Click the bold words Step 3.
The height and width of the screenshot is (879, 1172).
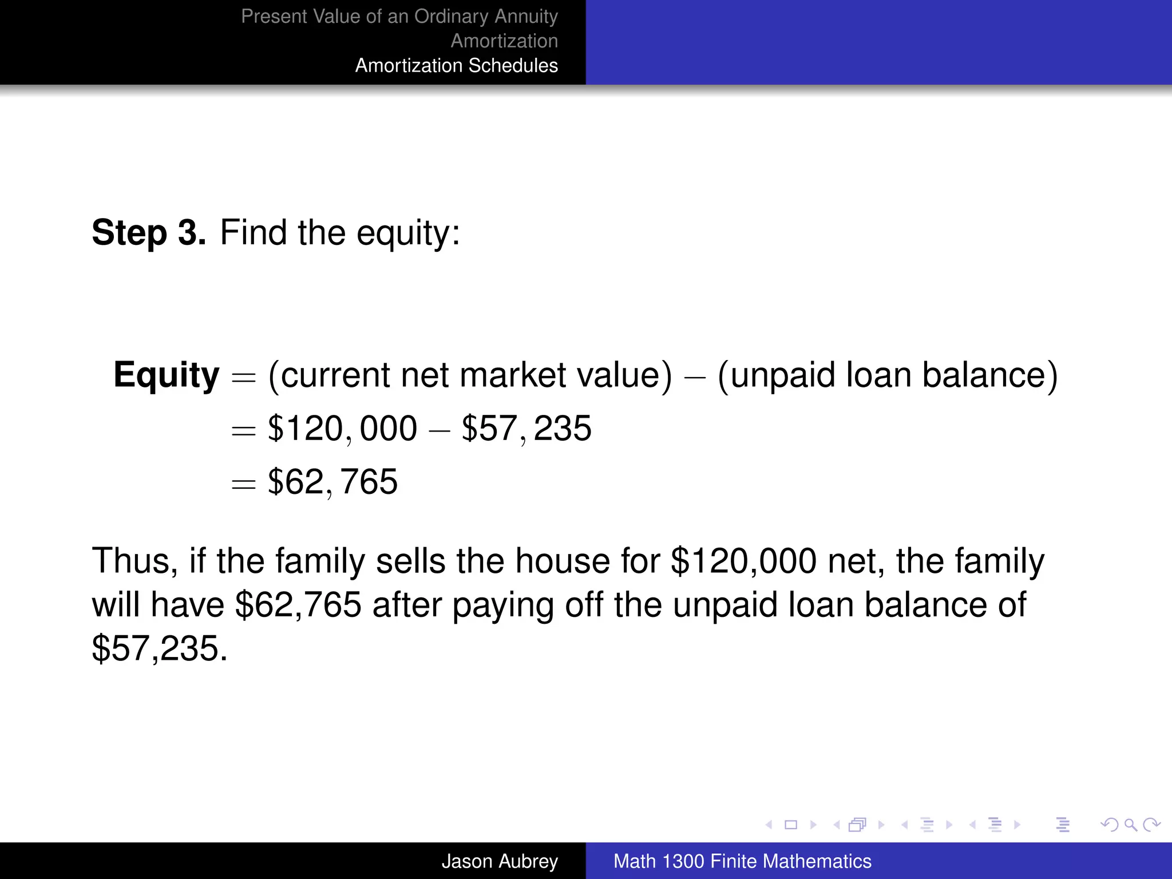tap(148, 233)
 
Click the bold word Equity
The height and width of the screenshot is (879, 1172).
tap(166, 375)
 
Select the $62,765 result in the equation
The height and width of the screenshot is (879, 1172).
tap(332, 482)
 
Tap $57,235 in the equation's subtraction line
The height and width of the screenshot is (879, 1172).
tap(526, 429)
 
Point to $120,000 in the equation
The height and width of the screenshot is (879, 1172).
tap(342, 429)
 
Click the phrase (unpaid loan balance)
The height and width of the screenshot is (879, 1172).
tap(887, 375)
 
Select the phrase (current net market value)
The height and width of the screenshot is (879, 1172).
tap(470, 375)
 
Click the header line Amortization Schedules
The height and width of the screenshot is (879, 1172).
tap(456, 66)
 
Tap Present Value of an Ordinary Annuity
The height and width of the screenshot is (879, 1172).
tap(399, 17)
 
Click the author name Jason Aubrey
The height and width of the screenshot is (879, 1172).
tap(499, 861)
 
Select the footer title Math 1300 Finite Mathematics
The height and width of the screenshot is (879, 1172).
tap(742, 861)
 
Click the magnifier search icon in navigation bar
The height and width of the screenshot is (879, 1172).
tap(1130, 825)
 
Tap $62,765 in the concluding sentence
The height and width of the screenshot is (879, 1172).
tap(298, 605)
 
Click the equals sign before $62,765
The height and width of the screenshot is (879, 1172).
tap(243, 484)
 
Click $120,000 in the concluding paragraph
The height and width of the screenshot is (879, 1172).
tap(743, 561)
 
